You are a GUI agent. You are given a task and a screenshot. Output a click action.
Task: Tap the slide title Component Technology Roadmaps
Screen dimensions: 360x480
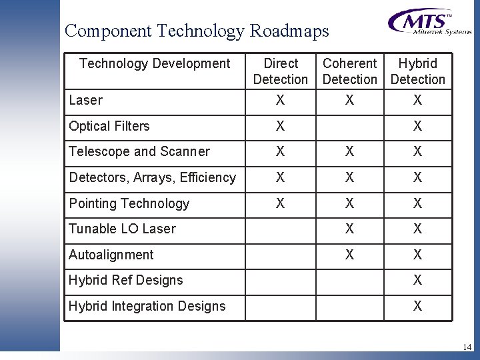[x=197, y=31]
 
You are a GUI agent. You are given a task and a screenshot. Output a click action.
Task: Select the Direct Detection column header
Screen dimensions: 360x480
[x=281, y=71]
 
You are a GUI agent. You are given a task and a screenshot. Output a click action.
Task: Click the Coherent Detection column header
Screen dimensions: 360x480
[x=349, y=71]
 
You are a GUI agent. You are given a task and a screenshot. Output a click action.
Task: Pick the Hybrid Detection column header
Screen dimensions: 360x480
[x=417, y=71]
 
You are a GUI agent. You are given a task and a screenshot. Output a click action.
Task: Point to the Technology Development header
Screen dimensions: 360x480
[x=155, y=64]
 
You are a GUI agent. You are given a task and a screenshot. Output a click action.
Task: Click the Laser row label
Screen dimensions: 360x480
[x=86, y=100]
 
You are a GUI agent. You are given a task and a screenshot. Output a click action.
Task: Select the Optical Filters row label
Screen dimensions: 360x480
[x=109, y=126]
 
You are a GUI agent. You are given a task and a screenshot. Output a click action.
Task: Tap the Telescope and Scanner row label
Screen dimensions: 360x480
[x=139, y=151]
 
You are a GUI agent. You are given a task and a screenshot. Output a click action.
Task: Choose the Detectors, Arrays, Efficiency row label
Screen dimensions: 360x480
[x=152, y=177]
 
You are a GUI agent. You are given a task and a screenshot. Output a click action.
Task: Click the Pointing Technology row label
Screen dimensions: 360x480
[x=129, y=203]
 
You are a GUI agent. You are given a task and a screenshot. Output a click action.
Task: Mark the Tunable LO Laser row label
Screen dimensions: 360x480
[x=122, y=229]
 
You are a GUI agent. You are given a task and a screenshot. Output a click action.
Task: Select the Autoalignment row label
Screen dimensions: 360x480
[x=111, y=255]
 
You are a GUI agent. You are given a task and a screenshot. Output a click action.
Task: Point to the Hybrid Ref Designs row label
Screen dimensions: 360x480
[x=126, y=280]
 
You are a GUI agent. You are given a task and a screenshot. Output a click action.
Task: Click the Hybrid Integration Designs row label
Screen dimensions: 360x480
[x=147, y=306]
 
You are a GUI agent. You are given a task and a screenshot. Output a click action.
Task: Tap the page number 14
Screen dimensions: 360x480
[x=467, y=347]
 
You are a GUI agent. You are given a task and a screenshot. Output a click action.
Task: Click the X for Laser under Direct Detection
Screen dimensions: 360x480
[x=281, y=100]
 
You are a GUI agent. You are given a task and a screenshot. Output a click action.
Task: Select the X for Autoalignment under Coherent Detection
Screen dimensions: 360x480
[x=349, y=255]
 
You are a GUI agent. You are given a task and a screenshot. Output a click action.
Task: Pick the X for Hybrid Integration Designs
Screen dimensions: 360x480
[x=417, y=306]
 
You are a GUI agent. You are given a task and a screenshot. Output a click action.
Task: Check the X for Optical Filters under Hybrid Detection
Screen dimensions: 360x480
[x=417, y=126]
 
